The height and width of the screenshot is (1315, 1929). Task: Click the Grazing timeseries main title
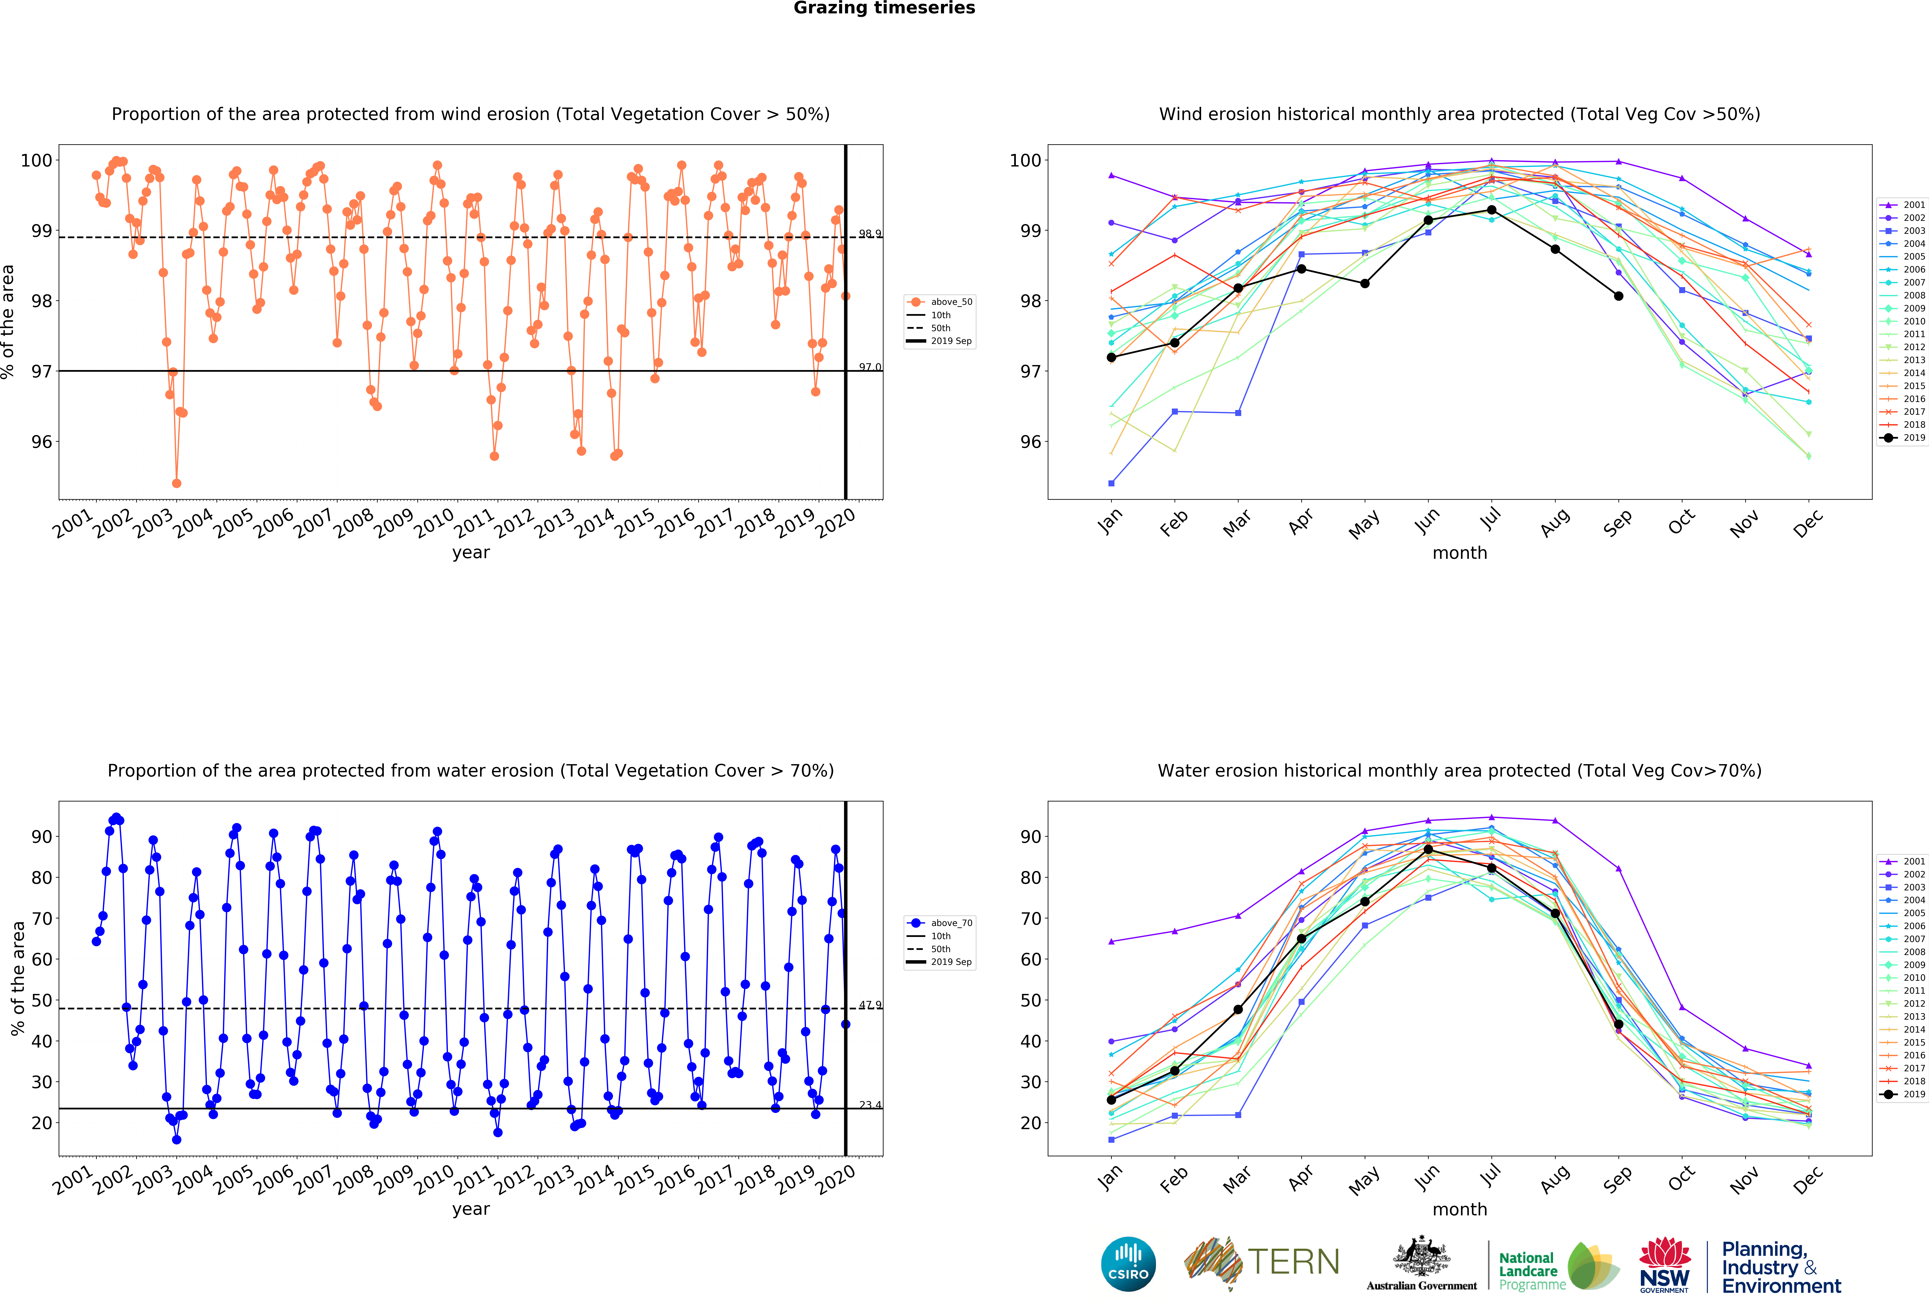pyautogui.click(x=884, y=8)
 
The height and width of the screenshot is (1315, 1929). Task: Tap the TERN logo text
pyautogui.click(x=1293, y=1262)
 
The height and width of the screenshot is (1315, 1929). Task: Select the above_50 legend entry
pyautogui.click(x=941, y=302)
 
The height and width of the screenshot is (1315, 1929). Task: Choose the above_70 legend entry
pyautogui.click(x=941, y=923)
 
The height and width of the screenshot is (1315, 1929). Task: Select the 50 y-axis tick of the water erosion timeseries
pyautogui.click(x=42, y=1000)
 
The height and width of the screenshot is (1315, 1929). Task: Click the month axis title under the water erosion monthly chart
pyautogui.click(x=1459, y=1210)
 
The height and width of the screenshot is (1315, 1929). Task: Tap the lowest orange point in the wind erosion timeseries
pyautogui.click(x=176, y=483)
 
